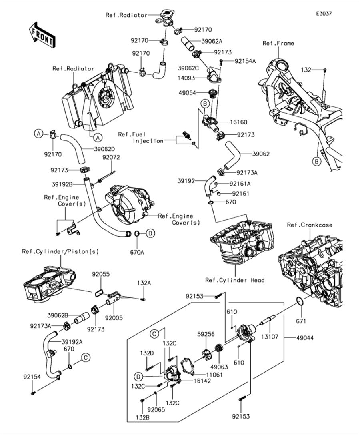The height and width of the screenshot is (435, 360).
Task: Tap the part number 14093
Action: (x=187, y=79)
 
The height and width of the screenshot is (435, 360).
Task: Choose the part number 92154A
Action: (x=245, y=61)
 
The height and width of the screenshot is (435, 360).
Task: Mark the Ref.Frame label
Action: (x=278, y=43)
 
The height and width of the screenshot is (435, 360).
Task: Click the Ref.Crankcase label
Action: (x=309, y=225)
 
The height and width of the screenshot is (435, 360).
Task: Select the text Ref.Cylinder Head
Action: (x=234, y=280)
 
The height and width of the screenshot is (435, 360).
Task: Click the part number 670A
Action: (x=136, y=252)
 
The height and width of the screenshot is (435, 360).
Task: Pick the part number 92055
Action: (x=101, y=275)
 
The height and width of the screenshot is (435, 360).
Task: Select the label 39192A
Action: (x=72, y=342)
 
